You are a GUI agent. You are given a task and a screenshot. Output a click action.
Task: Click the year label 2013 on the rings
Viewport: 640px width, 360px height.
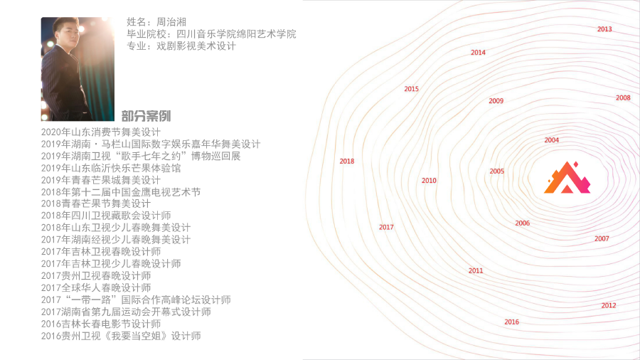[x=604, y=29]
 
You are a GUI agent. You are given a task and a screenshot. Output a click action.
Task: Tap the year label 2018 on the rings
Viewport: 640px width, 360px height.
[x=347, y=162]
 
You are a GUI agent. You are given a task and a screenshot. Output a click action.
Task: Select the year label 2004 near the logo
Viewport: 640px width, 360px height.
[x=551, y=140]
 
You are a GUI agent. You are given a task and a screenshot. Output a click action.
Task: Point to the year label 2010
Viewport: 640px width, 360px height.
[x=429, y=181]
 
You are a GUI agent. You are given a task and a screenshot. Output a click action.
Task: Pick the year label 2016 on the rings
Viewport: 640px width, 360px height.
[x=511, y=322]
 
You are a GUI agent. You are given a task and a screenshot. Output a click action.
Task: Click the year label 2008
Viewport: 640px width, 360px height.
[x=623, y=98]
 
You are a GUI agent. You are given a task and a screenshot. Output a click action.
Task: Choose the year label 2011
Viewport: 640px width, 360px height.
[x=476, y=270]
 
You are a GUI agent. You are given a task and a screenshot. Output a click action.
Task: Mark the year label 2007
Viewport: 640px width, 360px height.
[x=602, y=239]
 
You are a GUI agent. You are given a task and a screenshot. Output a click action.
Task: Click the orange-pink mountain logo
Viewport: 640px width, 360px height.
[x=567, y=178]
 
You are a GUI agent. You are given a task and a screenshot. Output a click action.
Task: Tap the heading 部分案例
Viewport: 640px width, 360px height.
[x=146, y=116]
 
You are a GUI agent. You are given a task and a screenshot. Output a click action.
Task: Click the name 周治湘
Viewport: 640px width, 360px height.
[x=171, y=22]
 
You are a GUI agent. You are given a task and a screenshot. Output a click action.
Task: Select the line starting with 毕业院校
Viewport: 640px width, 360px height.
[x=211, y=34]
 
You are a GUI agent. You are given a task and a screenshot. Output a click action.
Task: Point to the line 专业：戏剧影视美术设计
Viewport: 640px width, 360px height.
[x=181, y=46]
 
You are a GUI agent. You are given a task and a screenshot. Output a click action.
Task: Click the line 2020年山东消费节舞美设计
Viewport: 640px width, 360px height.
[x=101, y=132]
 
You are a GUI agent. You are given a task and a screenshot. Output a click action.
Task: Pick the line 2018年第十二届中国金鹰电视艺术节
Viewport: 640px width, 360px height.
[x=121, y=192]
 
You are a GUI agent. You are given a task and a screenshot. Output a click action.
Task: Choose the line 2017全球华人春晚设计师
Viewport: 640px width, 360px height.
[x=96, y=287]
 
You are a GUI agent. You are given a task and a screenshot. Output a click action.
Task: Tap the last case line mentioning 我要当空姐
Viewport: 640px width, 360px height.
[x=121, y=336]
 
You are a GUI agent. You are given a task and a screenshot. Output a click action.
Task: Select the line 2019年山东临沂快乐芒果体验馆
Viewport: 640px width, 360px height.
[x=111, y=168]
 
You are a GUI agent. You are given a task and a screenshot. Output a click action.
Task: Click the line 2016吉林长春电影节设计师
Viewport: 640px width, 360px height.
[x=101, y=324]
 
